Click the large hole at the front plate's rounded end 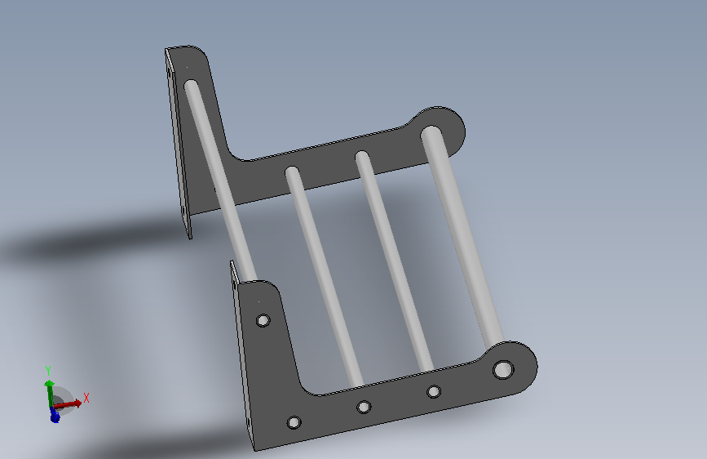click(503, 369)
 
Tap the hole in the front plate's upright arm click(263, 320)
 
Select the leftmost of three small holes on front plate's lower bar click(294, 422)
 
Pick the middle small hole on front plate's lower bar click(364, 407)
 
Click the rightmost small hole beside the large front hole click(434, 391)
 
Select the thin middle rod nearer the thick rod click(395, 262)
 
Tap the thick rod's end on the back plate click(431, 133)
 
